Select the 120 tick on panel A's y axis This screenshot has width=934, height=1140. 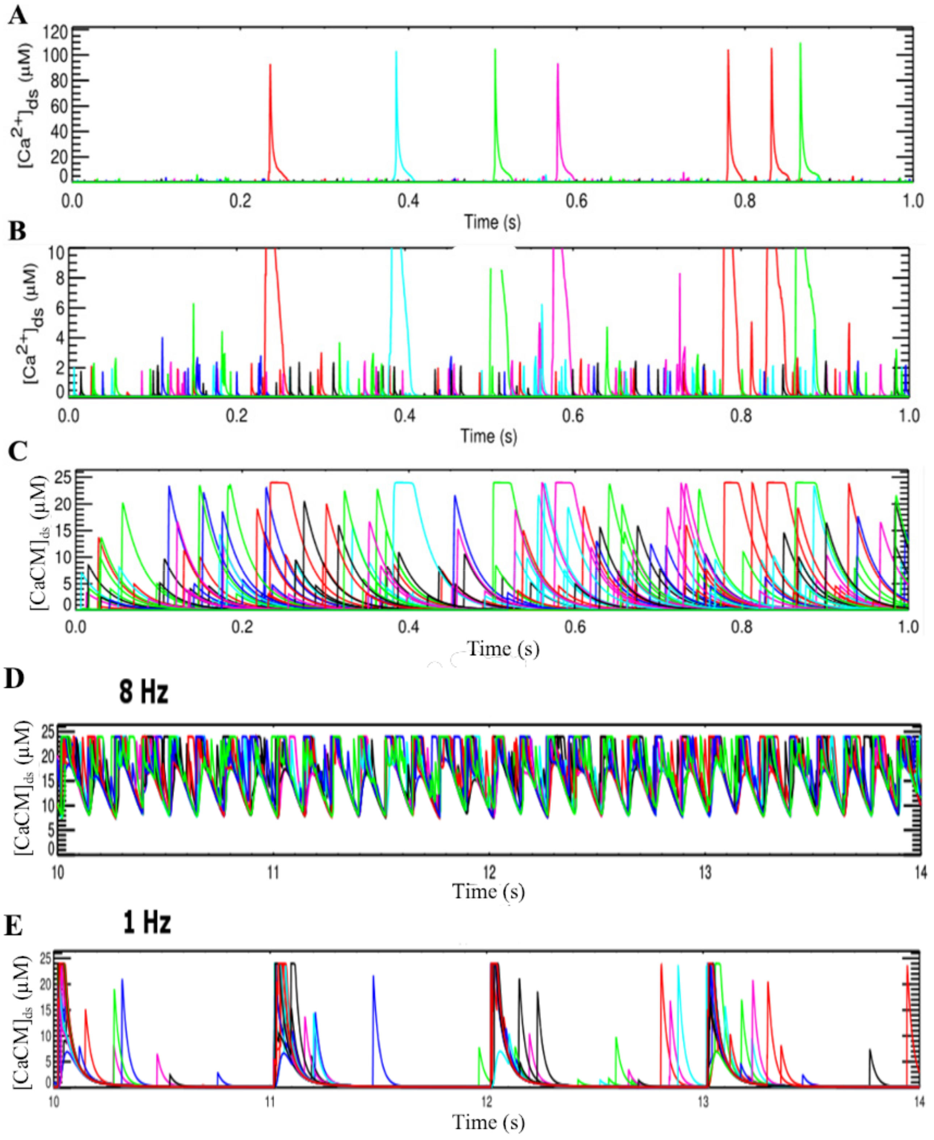tap(55, 32)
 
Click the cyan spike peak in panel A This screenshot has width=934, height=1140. tap(396, 52)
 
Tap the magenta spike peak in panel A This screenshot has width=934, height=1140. tap(558, 64)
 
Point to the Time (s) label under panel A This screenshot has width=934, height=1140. tap(492, 221)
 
